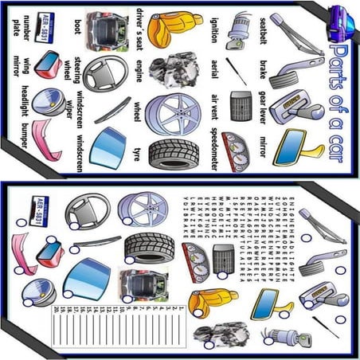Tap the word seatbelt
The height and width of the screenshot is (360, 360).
point(264,28)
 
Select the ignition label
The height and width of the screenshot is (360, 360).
point(213,28)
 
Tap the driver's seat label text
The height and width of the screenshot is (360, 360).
point(139,27)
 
